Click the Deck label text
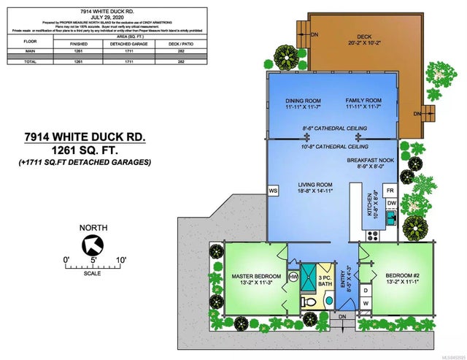pyautogui.click(x=365, y=38)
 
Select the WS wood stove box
pyautogui.click(x=274, y=191)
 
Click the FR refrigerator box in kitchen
pyautogui.click(x=391, y=189)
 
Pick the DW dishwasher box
pyautogui.click(x=391, y=202)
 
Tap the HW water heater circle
pyautogui.click(x=294, y=277)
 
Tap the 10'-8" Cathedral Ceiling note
pyautogui.click(x=333, y=145)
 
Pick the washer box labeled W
pyautogui.click(x=366, y=302)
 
